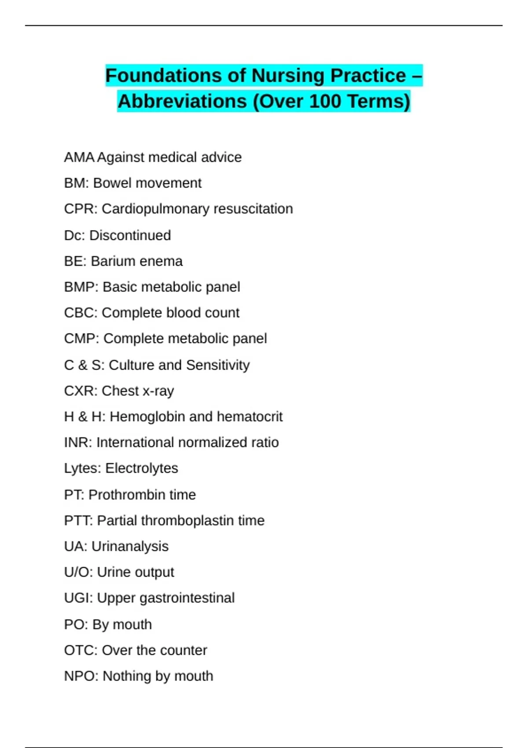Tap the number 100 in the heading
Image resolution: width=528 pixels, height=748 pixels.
[x=325, y=102]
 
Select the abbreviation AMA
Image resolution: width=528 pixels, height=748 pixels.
[x=79, y=157]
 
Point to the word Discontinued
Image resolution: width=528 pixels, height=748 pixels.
[x=130, y=235]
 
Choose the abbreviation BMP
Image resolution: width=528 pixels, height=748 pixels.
[x=81, y=287]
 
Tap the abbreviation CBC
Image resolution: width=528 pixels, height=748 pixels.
[x=81, y=313]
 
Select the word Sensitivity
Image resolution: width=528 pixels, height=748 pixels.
[x=218, y=365]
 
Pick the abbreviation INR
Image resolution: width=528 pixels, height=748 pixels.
[x=77, y=443]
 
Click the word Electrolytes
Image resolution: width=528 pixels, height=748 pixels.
[x=142, y=468]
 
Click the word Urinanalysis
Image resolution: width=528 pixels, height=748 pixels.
[x=130, y=546]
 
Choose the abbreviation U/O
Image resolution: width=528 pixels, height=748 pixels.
[x=78, y=572]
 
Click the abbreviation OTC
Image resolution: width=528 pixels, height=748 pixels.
[x=81, y=650]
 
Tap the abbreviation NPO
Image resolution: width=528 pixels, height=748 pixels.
[x=81, y=676]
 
